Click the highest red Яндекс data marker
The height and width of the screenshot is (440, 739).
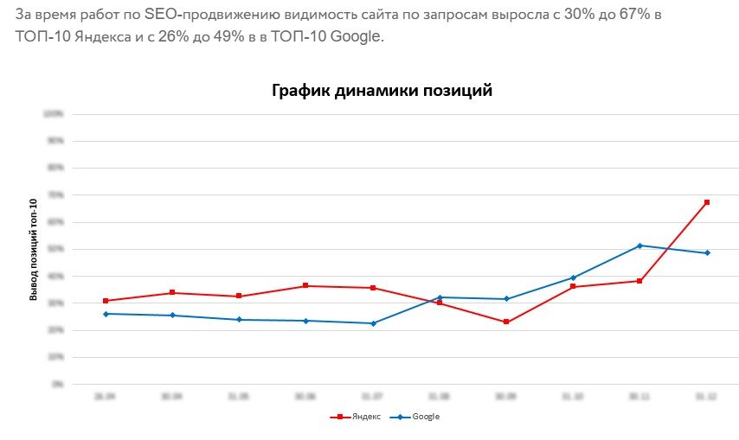[x=707, y=202]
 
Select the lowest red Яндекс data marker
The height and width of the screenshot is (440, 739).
[x=506, y=322]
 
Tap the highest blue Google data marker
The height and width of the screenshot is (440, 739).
[x=639, y=246]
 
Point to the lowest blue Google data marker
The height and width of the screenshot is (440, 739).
[x=373, y=323]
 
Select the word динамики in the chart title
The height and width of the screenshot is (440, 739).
[x=375, y=90]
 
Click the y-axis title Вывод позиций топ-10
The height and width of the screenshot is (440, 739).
[x=34, y=249]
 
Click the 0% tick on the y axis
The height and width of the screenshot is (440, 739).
[x=57, y=384]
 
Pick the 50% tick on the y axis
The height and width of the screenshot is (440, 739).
[x=55, y=249]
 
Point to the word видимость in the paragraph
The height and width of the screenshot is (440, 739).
[x=316, y=16]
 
